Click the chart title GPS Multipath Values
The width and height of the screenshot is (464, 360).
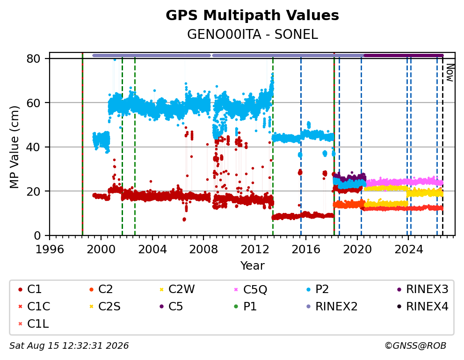coord(252,15)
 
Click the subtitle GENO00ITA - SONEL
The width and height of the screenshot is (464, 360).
coord(253,35)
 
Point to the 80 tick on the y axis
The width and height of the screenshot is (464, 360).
coord(33,59)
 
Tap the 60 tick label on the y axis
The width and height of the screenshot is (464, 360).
coord(33,103)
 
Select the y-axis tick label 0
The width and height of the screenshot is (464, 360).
coord(37,235)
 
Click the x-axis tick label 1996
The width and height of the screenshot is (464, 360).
coord(50,250)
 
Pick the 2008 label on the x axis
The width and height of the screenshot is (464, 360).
coord(203,250)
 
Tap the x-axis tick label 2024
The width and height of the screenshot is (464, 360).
coord(409,250)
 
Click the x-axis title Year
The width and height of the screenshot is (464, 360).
coord(253,265)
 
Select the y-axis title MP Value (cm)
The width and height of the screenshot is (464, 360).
coord(14,147)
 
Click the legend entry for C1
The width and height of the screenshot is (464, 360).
coord(30,289)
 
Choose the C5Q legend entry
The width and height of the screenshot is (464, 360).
coord(250,289)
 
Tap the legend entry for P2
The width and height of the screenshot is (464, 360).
coord(318,289)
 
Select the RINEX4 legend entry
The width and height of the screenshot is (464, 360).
coord(422,307)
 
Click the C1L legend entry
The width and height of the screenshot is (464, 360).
coord(33,324)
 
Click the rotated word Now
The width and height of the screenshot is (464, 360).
coord(450,73)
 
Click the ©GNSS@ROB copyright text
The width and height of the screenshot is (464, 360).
coord(415,345)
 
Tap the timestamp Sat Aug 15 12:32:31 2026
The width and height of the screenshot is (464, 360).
coord(69,345)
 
